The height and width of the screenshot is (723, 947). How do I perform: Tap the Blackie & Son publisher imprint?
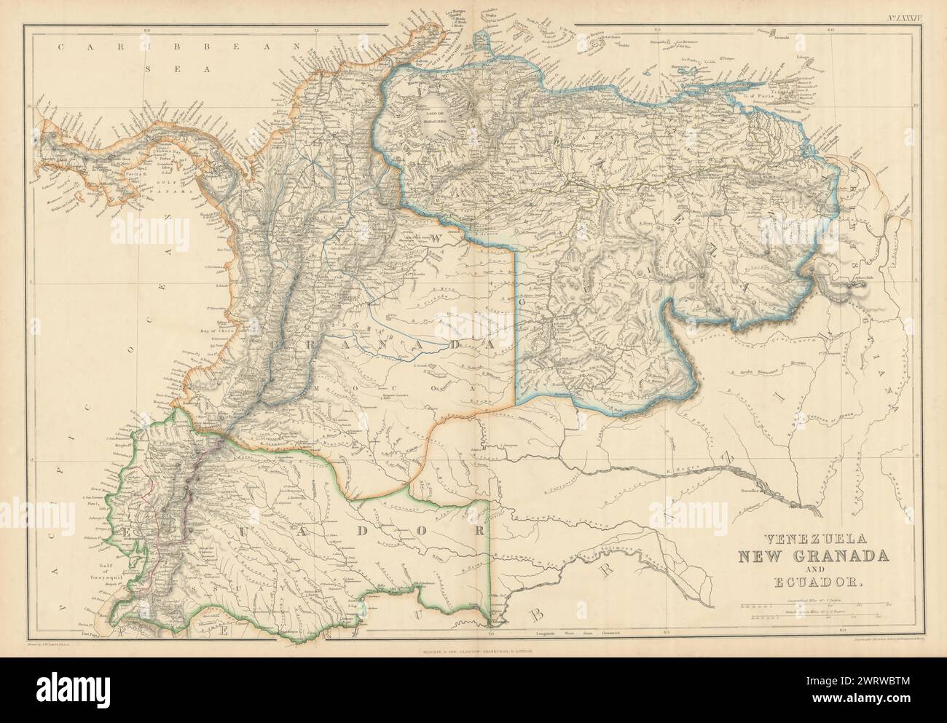(x=473, y=645)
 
